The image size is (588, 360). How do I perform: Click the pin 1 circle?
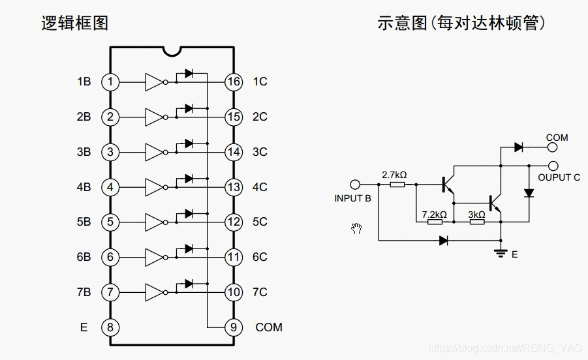pyautogui.click(x=110, y=82)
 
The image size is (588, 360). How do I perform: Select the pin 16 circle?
pyautogui.click(x=234, y=82)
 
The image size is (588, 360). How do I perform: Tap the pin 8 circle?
pyautogui.click(x=110, y=327)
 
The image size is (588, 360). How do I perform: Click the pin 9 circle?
pyautogui.click(x=234, y=327)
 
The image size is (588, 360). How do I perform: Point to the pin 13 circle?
pyautogui.click(x=234, y=187)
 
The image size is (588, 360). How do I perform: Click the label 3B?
pyautogui.click(x=84, y=153)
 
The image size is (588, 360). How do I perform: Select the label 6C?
pyautogui.click(x=260, y=257)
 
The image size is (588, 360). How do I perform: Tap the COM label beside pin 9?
pyautogui.click(x=269, y=327)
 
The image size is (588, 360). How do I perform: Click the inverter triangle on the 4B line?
pyautogui.click(x=154, y=187)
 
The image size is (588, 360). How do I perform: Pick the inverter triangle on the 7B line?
pyautogui.click(x=154, y=292)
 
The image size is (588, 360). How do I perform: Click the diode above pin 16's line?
pyautogui.click(x=189, y=74)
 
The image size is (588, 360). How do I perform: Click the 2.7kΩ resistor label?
pyautogui.click(x=394, y=175)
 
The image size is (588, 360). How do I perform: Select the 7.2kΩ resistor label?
pyautogui.click(x=435, y=214)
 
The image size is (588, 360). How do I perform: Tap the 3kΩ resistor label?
pyautogui.click(x=476, y=214)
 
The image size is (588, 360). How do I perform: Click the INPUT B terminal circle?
pyautogui.click(x=356, y=185)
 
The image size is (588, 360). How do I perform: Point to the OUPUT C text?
pyautogui.click(x=559, y=177)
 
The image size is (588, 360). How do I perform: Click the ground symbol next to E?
pyautogui.click(x=501, y=252)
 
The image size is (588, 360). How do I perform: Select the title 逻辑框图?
pyautogui.click(x=75, y=23)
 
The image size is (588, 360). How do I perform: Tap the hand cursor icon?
pyautogui.click(x=356, y=228)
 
